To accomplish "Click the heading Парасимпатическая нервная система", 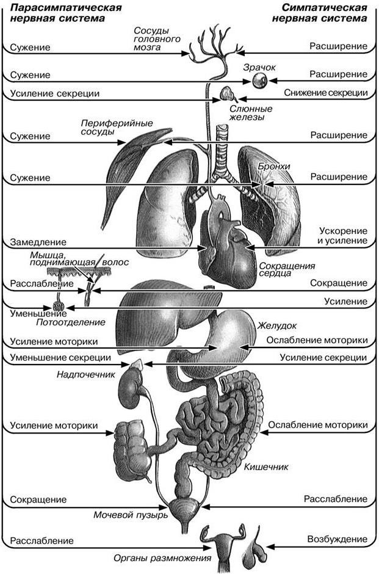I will (57, 13).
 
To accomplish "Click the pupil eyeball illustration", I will (261, 79).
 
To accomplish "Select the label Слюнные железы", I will (250, 113).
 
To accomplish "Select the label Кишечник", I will (265, 468).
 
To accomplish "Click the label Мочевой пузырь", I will (130, 515).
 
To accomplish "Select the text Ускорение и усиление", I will (343, 236).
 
